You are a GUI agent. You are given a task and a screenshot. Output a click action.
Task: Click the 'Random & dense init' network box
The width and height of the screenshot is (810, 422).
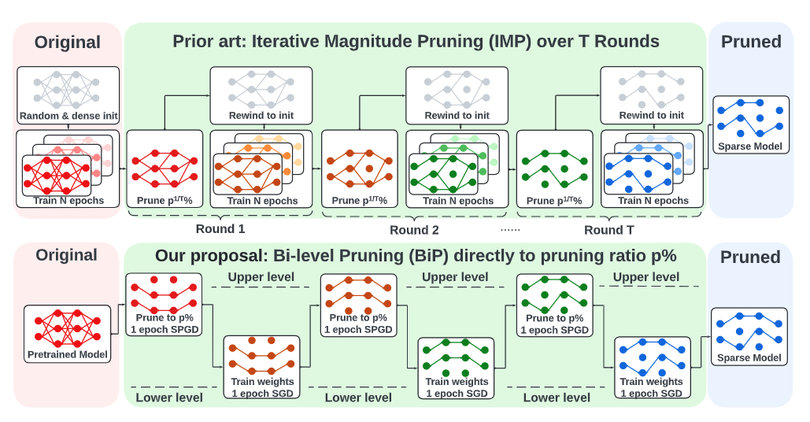tap(68, 95)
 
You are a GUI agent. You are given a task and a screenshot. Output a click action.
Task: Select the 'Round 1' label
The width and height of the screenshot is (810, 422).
tap(220, 229)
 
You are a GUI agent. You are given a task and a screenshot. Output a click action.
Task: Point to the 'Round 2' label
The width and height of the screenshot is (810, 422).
tap(414, 230)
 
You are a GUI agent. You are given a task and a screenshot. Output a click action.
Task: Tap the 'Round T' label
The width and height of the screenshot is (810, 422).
tap(608, 230)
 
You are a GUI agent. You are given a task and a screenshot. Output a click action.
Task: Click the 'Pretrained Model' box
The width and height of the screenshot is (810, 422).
tap(67, 334)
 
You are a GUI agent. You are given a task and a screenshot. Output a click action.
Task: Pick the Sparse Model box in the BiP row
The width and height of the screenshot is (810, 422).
tap(749, 337)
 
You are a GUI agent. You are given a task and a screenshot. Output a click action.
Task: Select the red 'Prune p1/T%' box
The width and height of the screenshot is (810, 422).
tap(165, 168)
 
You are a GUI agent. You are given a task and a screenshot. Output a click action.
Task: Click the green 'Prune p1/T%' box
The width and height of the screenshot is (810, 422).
tap(554, 168)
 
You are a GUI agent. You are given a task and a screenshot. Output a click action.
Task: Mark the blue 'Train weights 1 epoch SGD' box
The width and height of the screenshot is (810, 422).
tap(652, 367)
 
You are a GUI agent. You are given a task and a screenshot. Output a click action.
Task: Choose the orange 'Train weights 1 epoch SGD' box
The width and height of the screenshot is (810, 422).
tap(261, 367)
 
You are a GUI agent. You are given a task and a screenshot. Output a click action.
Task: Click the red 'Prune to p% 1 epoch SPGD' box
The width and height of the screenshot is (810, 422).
tap(164, 305)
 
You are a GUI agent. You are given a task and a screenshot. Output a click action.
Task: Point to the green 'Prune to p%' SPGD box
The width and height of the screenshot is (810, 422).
tap(554, 305)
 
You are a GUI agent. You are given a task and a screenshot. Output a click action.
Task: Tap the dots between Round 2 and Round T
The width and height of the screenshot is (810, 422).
tap(510, 230)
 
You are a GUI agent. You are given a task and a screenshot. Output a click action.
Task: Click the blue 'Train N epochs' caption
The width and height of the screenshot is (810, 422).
tap(653, 201)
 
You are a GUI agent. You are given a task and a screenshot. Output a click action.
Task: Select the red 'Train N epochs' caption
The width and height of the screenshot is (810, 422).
tap(68, 201)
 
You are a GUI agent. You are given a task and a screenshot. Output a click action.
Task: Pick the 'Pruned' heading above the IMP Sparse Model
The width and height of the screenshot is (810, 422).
tap(751, 41)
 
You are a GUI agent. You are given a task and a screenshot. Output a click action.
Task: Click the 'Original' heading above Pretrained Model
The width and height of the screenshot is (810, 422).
tap(67, 255)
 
